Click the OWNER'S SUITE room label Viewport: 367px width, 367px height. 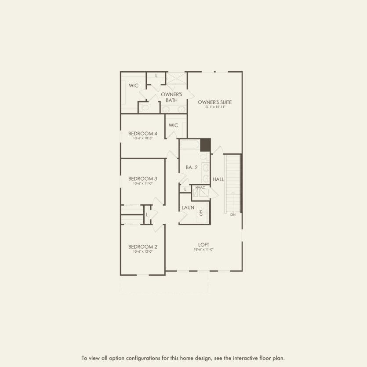[214, 102]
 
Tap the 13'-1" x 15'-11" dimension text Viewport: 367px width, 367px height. [214, 107]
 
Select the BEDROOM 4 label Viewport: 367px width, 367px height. [142, 133]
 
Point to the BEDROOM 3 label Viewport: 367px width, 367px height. [142, 178]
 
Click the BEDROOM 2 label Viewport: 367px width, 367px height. [142, 247]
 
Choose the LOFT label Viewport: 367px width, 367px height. [203, 244]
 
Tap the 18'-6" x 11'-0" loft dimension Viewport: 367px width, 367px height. [203, 250]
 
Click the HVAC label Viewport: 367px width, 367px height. [200, 188]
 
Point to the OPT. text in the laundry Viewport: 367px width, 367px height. [201, 212]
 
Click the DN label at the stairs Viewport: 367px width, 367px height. [233, 214]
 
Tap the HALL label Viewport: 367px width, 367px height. [218, 179]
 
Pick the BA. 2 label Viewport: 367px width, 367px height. [192, 167]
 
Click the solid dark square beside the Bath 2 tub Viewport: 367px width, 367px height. [205, 145]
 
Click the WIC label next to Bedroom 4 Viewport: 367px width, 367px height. [173, 125]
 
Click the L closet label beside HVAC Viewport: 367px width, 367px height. [185, 189]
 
